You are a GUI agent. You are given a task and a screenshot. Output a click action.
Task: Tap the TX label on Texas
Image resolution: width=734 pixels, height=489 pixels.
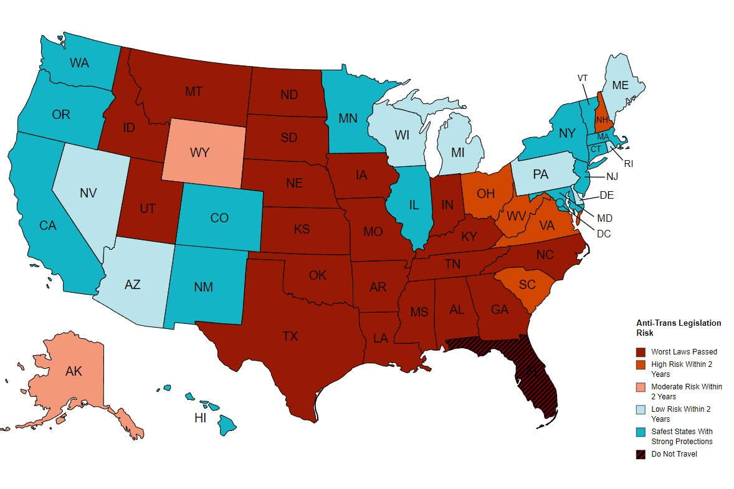click(290, 336)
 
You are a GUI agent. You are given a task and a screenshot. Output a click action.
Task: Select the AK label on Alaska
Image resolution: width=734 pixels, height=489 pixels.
click(74, 371)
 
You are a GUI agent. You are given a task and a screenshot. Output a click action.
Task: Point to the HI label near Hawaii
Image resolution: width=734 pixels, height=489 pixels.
click(200, 418)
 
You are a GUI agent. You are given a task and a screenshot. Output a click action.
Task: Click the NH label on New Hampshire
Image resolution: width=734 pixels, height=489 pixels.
click(601, 120)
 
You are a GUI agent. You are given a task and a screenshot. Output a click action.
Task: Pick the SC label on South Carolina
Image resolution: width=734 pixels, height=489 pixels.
click(527, 284)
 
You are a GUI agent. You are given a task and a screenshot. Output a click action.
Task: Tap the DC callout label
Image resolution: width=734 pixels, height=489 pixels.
click(603, 234)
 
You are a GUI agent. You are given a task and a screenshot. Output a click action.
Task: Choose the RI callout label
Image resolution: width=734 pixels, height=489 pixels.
click(628, 164)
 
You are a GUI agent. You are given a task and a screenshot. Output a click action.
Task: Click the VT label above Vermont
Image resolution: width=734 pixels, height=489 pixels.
click(583, 78)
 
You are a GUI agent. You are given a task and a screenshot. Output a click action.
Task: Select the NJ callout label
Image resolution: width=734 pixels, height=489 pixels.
click(611, 176)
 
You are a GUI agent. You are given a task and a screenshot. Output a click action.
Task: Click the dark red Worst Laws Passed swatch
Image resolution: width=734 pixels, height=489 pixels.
click(641, 352)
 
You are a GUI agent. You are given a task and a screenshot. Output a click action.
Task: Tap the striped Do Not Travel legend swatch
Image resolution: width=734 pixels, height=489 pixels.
click(641, 454)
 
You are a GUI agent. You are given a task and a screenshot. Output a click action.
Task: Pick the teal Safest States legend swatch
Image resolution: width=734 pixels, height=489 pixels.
click(641, 432)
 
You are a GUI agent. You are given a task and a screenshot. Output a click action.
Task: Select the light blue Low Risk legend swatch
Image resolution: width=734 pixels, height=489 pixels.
click(641, 409)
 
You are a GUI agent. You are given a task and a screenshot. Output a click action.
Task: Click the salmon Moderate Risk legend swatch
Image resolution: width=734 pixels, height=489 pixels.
click(641, 387)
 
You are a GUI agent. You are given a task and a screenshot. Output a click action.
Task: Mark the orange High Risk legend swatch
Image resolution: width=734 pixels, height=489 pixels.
click(641, 364)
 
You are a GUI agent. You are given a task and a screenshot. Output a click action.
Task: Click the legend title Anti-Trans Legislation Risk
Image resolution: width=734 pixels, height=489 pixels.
click(678, 328)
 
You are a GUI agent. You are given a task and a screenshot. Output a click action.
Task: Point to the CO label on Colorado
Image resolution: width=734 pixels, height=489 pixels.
click(219, 218)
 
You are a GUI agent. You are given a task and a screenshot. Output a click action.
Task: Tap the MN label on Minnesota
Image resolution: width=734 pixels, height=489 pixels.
click(347, 118)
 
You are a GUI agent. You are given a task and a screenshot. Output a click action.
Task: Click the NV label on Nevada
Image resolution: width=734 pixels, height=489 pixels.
click(88, 193)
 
